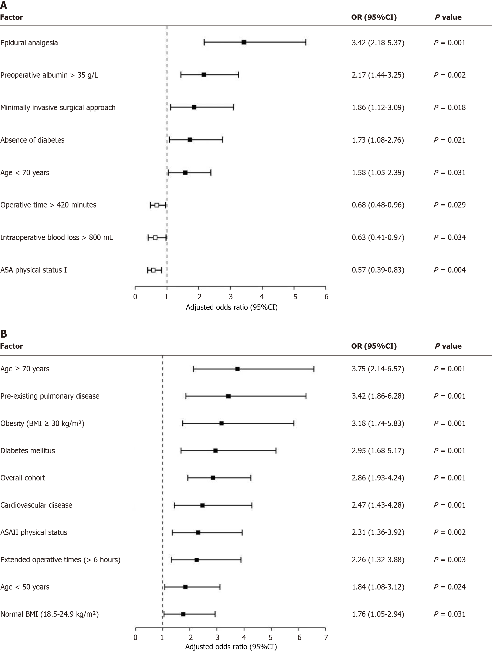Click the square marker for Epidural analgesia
pyautogui.click(x=244, y=42)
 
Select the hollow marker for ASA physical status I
pyautogui.click(x=153, y=270)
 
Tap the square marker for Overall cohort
pyautogui.click(x=213, y=478)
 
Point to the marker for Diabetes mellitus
pyautogui.click(x=215, y=450)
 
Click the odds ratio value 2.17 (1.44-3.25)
pyautogui.click(x=378, y=75)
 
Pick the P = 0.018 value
pyautogui.click(x=449, y=108)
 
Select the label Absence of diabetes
pyautogui.click(x=32, y=140)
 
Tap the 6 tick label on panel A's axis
pyautogui.click(x=326, y=297)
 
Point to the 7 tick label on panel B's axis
pyautogui.click(x=326, y=638)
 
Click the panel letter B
pyautogui.click(x=4, y=334)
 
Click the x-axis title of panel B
pyautogui.click(x=231, y=647)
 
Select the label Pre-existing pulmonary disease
pyautogui.click(x=50, y=396)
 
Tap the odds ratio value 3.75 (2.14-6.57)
pyautogui.click(x=378, y=369)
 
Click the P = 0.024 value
pyautogui.click(x=449, y=587)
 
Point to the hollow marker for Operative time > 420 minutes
pyautogui.click(x=157, y=205)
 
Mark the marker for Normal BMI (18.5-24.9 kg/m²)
pyautogui.click(x=183, y=614)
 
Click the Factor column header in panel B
pyautogui.click(x=11, y=346)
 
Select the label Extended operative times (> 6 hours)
pyautogui.click(x=60, y=560)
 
